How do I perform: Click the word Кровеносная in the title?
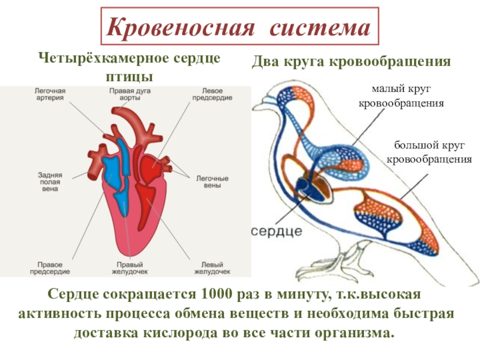[181, 26]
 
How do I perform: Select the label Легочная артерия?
[50, 94]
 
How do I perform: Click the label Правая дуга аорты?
[130, 94]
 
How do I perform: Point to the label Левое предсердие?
[212, 94]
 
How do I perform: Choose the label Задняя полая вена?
[50, 182]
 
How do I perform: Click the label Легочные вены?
[212, 182]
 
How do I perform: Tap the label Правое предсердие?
[50, 268]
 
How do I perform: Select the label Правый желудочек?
[130, 268]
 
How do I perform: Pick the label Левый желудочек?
[212, 268]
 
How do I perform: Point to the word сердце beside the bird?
[277, 231]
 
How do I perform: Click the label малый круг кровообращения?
[401, 96]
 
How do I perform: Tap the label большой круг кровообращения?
[429, 152]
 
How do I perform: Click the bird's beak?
[259, 106]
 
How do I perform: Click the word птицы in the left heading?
[129, 77]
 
